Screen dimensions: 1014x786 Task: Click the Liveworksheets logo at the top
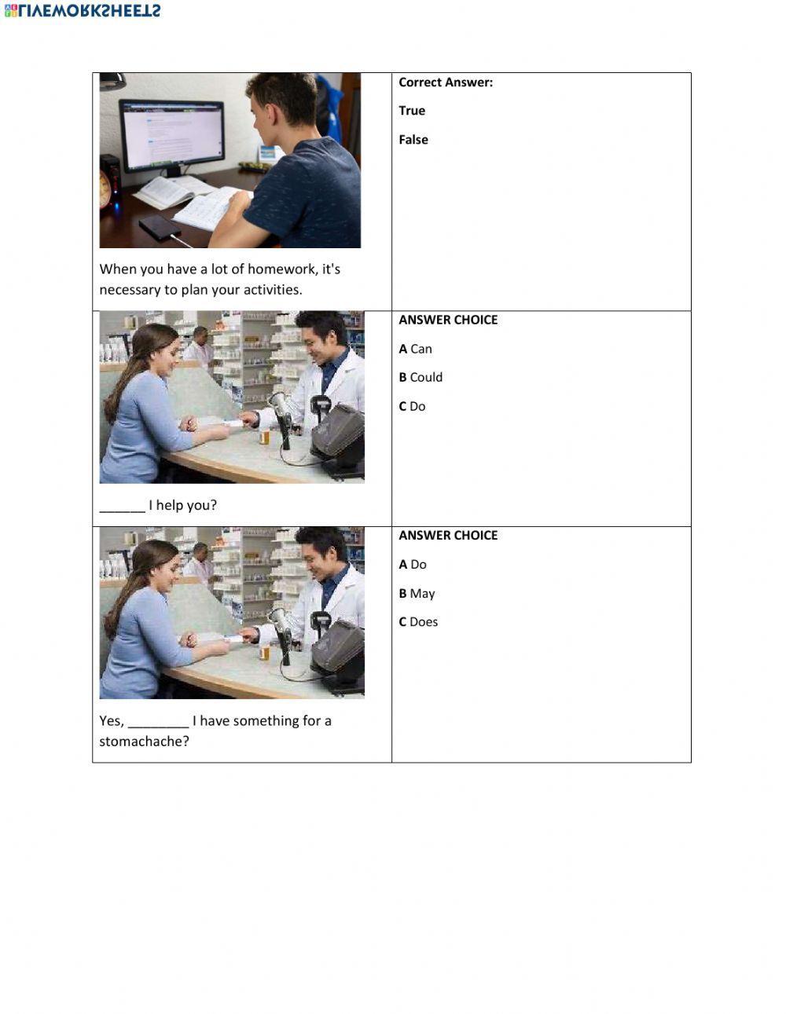coord(83,10)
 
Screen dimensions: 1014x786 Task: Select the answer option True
coord(412,111)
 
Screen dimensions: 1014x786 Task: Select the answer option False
coord(413,140)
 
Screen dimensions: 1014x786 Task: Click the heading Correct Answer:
coord(446,82)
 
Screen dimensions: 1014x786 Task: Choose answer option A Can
coord(416,349)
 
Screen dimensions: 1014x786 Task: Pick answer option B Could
coord(421,377)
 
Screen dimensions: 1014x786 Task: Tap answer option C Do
coord(412,406)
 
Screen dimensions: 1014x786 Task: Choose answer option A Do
coord(413,564)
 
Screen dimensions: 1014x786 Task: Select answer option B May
coord(417,593)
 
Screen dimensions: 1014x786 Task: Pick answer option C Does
coord(418,621)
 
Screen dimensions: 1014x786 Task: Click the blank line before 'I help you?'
coord(122,507)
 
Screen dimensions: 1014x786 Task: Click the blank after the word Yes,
coord(157,722)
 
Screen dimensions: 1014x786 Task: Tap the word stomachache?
coord(144,741)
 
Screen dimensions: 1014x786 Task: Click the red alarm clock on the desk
coord(105,190)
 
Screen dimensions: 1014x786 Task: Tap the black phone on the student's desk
coord(159,228)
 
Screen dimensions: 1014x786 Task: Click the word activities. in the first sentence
coord(272,289)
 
